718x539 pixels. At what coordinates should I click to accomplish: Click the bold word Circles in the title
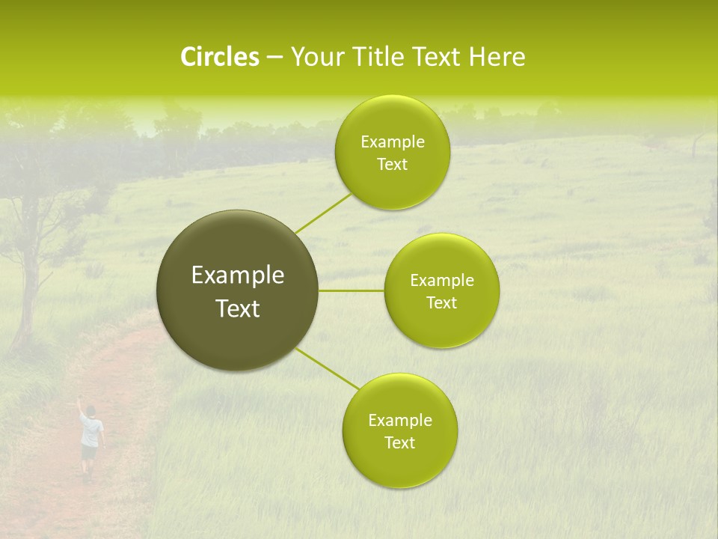pos(219,57)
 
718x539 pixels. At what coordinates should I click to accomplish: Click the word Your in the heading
pos(314,57)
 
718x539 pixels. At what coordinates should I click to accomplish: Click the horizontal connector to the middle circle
pos(352,290)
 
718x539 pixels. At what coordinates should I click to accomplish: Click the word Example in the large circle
pos(237,275)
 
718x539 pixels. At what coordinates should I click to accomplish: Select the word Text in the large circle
pos(237,308)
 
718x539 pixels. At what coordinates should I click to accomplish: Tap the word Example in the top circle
pos(392,142)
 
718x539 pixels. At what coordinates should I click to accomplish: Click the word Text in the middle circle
pos(441,303)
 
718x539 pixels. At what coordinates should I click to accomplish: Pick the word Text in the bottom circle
pos(399,443)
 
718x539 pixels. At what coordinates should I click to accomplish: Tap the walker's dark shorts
pos(90,451)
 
